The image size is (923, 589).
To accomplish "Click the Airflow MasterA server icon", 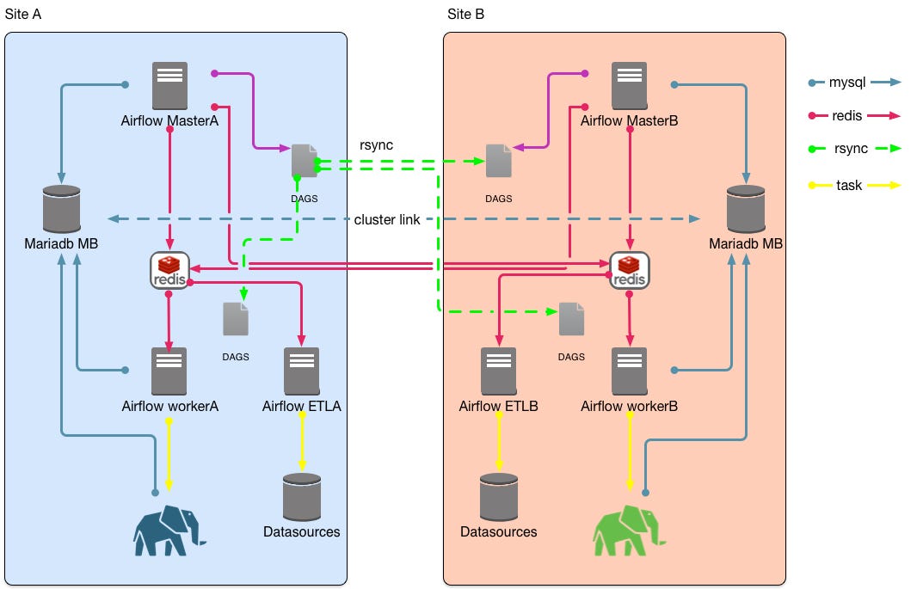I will point(169,85).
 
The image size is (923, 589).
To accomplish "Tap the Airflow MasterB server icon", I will point(629,85).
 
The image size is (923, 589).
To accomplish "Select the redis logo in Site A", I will point(169,270).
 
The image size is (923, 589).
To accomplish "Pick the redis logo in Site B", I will point(629,270).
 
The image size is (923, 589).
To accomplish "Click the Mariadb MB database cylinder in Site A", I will point(61,208).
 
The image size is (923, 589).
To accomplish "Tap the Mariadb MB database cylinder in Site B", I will point(745,208).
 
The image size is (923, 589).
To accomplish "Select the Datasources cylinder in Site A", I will point(301,496).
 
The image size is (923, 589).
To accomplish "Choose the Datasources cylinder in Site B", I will point(499,496).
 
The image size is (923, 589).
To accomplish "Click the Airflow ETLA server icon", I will point(301,371).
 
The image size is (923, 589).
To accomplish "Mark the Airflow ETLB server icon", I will point(499,371).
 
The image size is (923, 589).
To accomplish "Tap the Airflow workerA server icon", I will point(169,371).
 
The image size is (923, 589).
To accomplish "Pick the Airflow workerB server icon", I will point(629,371).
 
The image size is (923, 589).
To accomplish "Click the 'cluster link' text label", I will point(387,220).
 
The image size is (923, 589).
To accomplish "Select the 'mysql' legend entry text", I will point(847,83).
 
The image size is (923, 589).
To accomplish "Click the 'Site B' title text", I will point(466,15).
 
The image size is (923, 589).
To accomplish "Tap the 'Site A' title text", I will point(23,15).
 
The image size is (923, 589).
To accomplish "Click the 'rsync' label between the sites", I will point(376,144).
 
